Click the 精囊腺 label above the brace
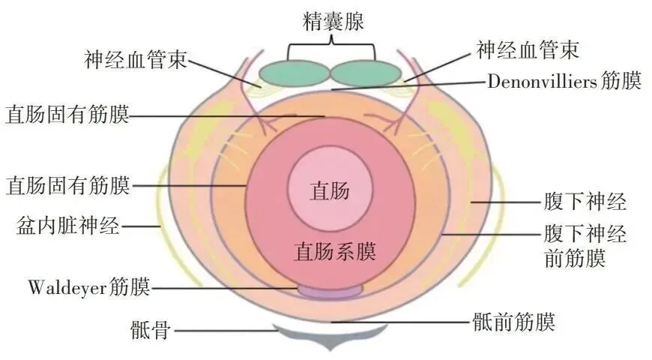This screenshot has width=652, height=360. coord(330,22)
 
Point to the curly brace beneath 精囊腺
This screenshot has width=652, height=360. coord(330,50)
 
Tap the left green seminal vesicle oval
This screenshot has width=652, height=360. coord(295,73)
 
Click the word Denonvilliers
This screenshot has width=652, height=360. coord(542,80)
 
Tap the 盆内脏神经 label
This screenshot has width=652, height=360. coord(67,226)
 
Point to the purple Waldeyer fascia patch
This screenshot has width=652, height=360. coord(330,289)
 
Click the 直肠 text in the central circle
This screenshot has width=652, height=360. coord(330,190)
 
